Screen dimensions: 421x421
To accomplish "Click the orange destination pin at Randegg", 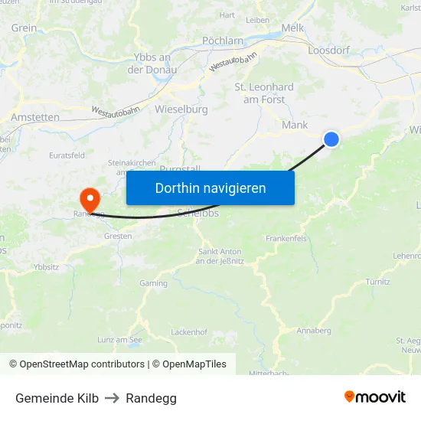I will click(90, 201).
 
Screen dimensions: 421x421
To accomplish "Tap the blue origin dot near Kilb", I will click(331, 139).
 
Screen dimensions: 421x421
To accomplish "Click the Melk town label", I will click(292, 28).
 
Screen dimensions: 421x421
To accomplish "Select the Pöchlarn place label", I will click(223, 41).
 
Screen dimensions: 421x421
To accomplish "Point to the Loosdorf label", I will click(328, 50).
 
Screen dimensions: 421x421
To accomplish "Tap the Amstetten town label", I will click(35, 117).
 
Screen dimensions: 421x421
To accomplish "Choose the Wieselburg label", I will click(181, 109).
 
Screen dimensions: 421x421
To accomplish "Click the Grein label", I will click(24, 28).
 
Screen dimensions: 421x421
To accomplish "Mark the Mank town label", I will click(295, 125).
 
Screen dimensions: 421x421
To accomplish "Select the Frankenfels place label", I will click(286, 239).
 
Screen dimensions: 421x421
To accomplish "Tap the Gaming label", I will click(153, 283).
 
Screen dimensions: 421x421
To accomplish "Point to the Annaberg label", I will click(314, 331).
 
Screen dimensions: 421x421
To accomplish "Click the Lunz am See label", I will click(119, 339).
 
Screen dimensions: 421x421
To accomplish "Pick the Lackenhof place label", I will click(189, 332).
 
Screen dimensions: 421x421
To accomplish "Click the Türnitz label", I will click(377, 282).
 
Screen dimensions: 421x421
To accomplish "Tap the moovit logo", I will click(374, 397).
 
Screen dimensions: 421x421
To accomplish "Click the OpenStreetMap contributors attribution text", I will click(77, 364).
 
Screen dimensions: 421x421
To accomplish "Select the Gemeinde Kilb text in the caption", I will click(57, 398).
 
